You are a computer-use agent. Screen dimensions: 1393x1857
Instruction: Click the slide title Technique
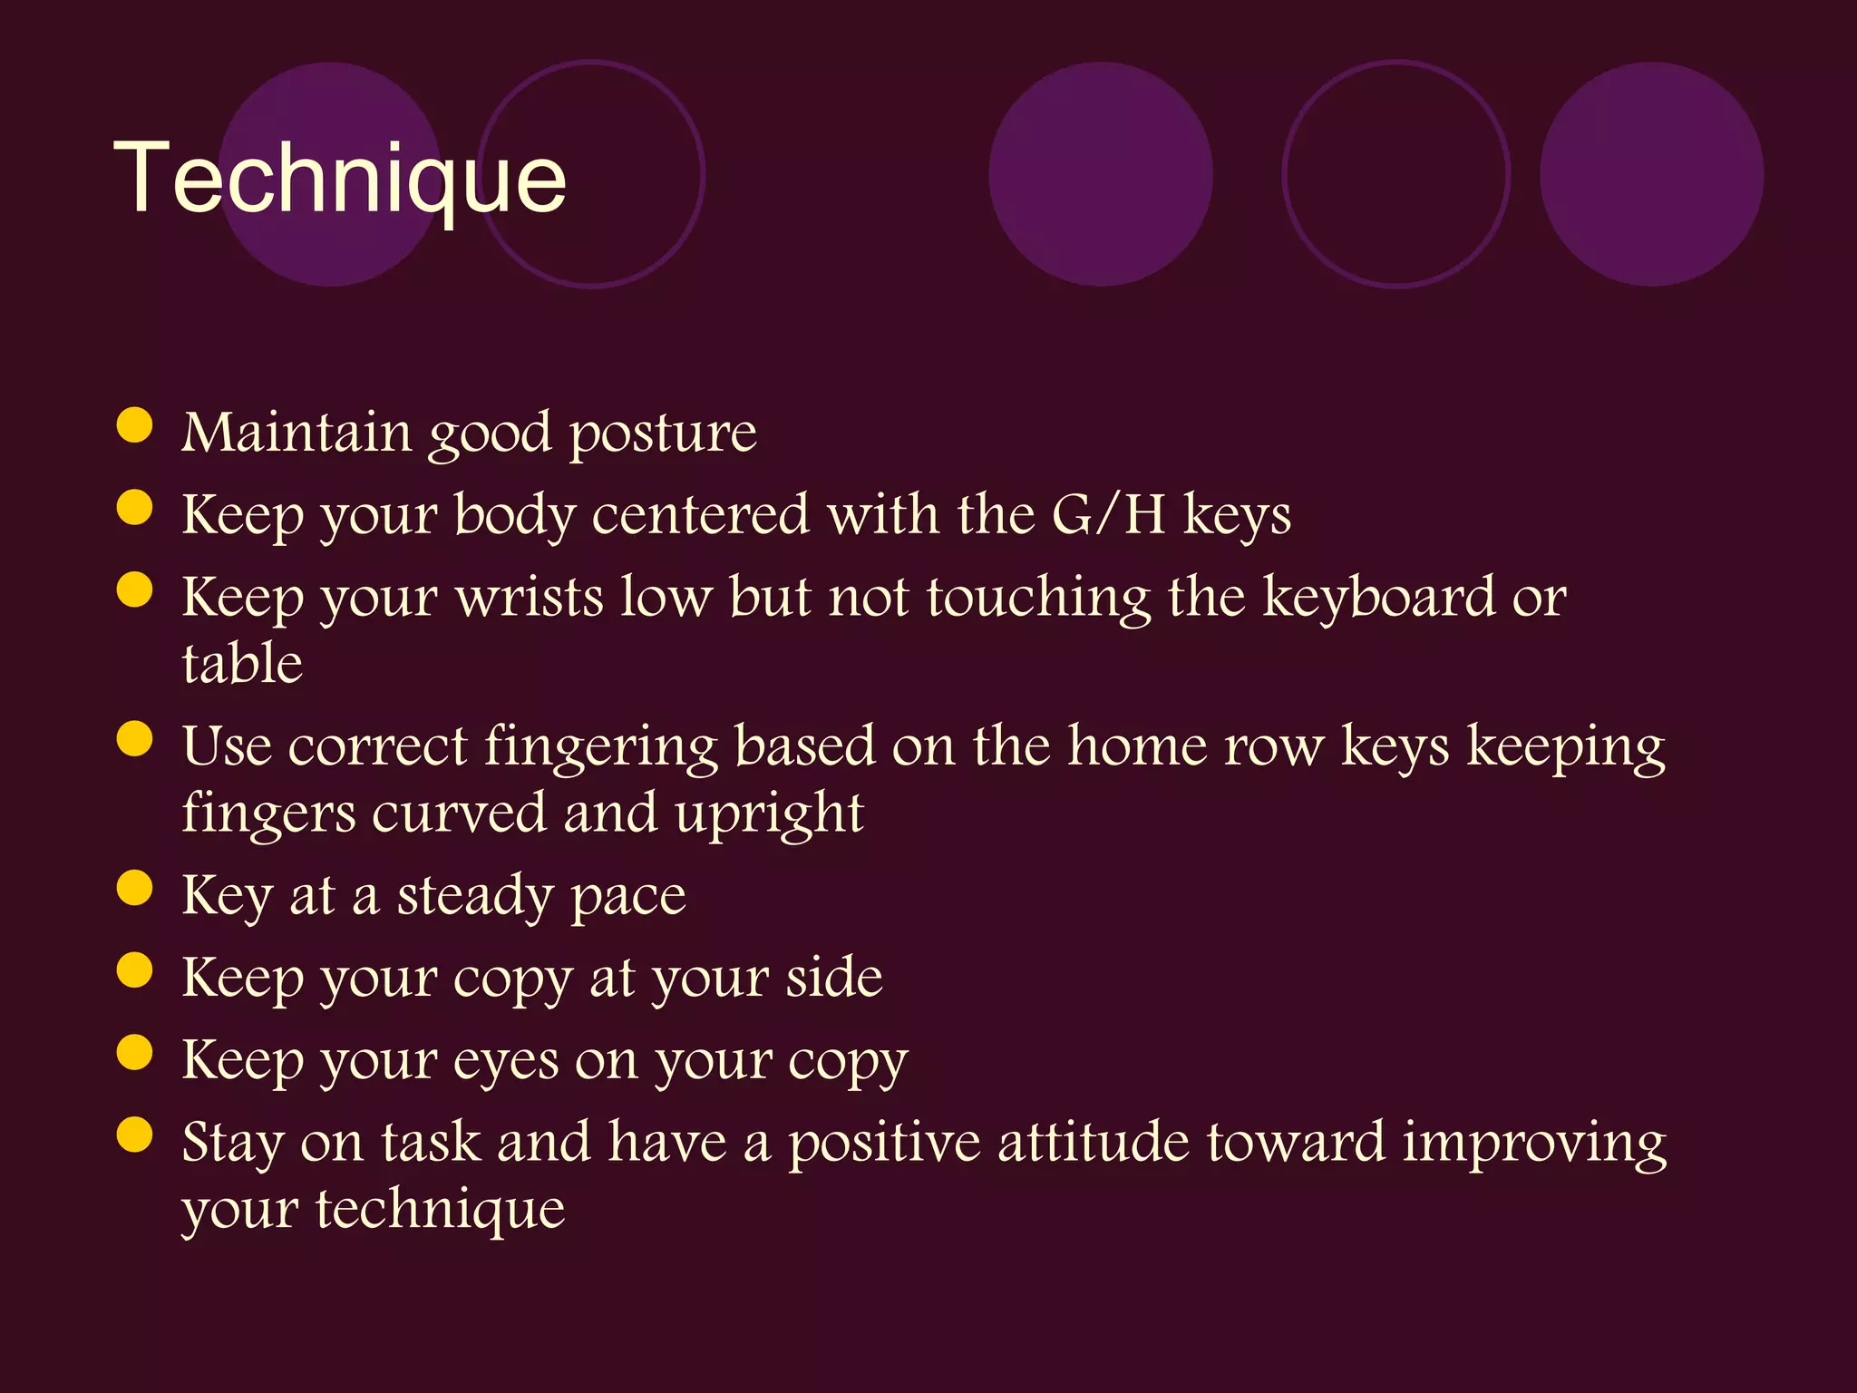[340, 179]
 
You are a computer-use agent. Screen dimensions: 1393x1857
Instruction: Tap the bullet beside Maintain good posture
[134, 425]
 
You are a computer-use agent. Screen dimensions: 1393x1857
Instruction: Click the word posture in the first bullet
[663, 433]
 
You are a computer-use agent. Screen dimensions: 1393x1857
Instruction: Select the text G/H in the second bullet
[1108, 514]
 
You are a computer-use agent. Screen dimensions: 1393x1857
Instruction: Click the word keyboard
[1378, 599]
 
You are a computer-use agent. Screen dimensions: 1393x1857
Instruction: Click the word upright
[769, 814]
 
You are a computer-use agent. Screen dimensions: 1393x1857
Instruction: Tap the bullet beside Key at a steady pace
[134, 889]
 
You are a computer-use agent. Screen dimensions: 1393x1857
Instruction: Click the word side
[833, 978]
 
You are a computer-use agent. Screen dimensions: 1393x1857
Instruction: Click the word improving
[1534, 1144]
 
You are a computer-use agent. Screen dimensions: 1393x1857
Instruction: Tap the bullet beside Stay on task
[134, 1135]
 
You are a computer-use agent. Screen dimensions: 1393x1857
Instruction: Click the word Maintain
[297, 433]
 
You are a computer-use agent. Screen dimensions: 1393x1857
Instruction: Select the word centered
[700, 514]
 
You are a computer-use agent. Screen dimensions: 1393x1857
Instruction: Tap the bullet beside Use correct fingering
[134, 739]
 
